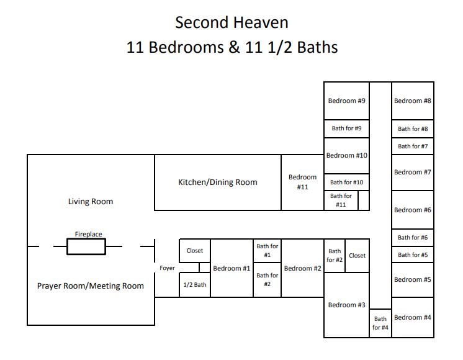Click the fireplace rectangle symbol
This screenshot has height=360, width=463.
[86, 247]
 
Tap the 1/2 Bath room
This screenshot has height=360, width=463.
[194, 285]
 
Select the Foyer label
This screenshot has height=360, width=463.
[167, 268]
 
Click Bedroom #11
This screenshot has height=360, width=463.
[302, 182]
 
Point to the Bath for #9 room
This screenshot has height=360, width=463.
[346, 128]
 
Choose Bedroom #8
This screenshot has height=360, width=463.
[412, 101]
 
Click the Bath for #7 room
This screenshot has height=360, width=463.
[412, 146]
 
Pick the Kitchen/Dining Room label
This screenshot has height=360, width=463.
[217, 182]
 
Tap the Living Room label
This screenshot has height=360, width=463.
[91, 202]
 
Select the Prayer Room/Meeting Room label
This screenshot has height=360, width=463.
[91, 286]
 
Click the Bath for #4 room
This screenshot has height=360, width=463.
[380, 323]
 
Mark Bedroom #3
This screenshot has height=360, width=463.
[346, 305]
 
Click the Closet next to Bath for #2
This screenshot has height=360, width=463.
[357, 256]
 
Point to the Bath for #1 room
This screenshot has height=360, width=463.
[267, 251]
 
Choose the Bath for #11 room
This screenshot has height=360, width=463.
[341, 200]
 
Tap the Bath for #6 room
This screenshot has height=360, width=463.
[412, 238]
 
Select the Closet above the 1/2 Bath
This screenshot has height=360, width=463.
[194, 251]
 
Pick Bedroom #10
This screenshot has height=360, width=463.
[346, 156]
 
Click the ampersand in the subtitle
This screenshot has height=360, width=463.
[235, 47]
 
